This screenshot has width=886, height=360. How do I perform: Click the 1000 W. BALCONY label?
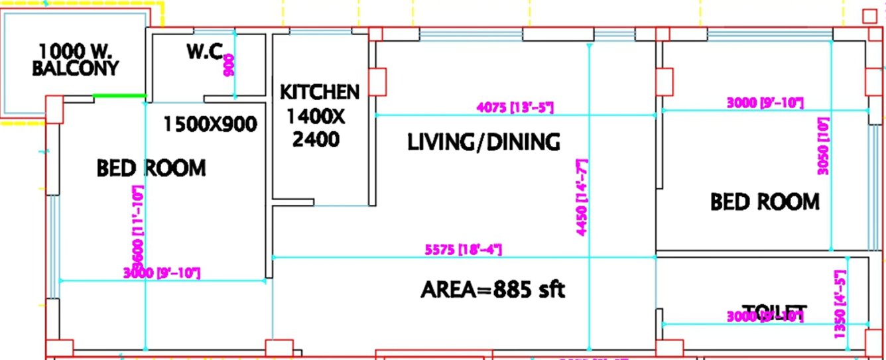pyautogui.click(x=78, y=60)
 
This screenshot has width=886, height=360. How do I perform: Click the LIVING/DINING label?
pyautogui.click(x=483, y=142)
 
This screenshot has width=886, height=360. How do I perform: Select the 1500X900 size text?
pyautogui.click(x=210, y=124)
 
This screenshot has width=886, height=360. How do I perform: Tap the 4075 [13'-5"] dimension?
pyautogui.click(x=515, y=107)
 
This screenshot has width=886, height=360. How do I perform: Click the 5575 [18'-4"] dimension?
pyautogui.click(x=463, y=250)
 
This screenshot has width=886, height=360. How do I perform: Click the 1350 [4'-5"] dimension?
pyautogui.click(x=840, y=303)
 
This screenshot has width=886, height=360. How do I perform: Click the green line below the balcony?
pyautogui.click(x=119, y=96)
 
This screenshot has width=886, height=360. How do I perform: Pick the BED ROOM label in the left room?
pyautogui.click(x=151, y=168)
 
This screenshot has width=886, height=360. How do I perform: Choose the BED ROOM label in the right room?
pyautogui.click(x=765, y=202)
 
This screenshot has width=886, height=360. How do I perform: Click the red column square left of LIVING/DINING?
pyautogui.click(x=377, y=82)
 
